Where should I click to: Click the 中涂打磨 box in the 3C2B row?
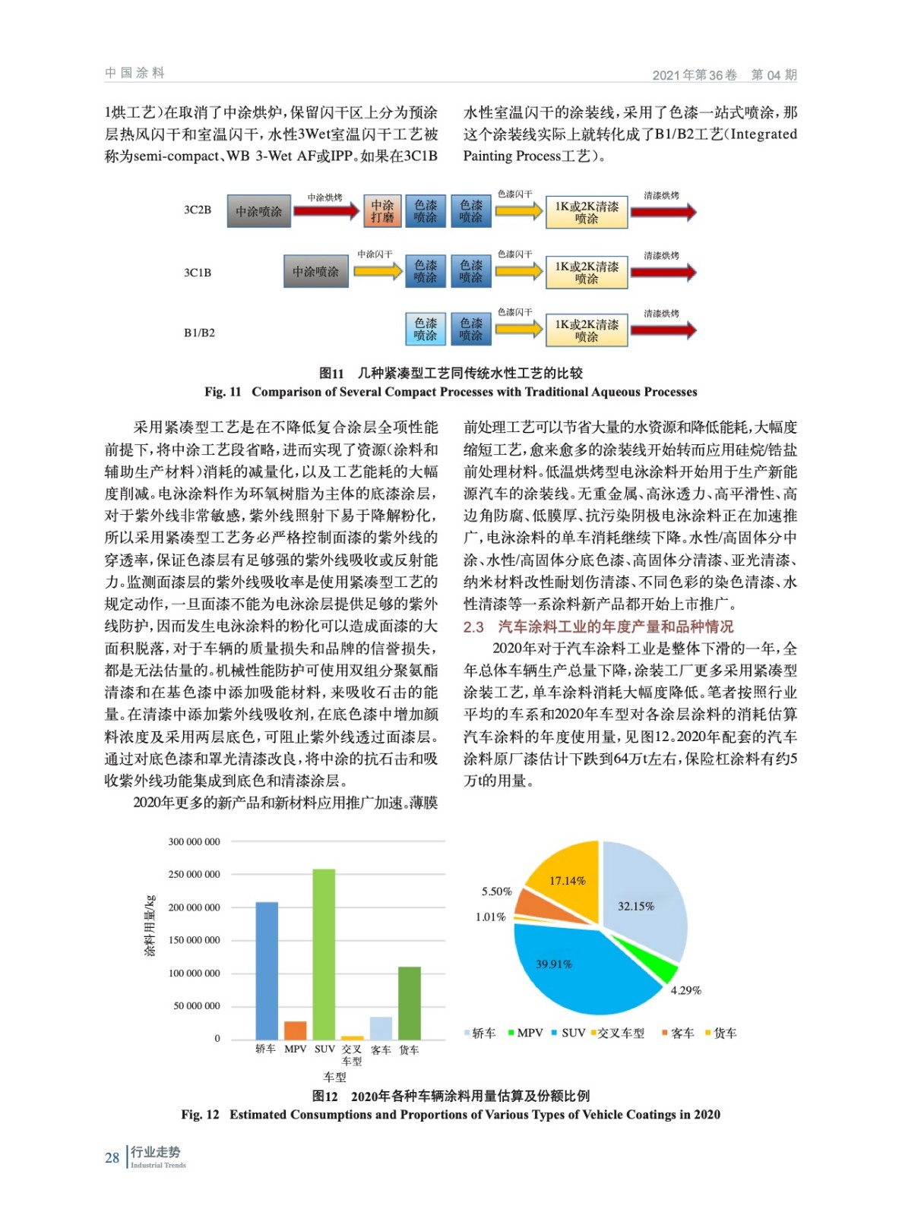tap(382, 212)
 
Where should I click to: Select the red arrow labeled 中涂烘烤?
tap(326, 211)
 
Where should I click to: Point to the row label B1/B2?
tap(199, 333)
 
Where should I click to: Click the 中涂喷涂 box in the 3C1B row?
tap(316, 272)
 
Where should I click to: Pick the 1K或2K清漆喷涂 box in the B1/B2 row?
tap(587, 330)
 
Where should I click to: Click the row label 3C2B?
tap(198, 210)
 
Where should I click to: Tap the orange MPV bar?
tap(295, 1030)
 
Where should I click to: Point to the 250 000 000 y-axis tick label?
tap(195, 875)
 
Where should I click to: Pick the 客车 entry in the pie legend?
tap(678, 1034)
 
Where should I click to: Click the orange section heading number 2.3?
tap(473, 626)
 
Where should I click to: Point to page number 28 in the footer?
tap(112, 1157)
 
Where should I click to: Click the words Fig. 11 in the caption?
tap(223, 392)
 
